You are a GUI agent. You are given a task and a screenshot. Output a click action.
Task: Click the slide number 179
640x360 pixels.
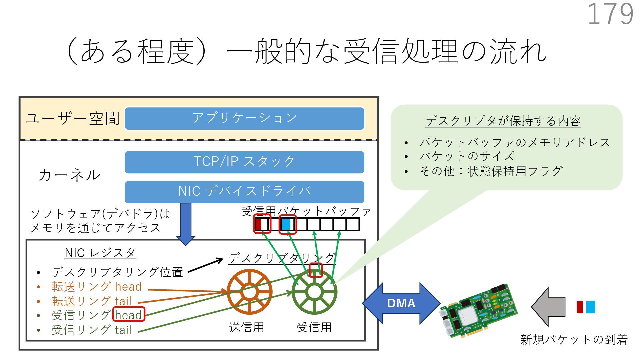(610, 14)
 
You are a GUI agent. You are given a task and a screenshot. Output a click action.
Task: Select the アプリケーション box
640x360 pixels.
(244, 118)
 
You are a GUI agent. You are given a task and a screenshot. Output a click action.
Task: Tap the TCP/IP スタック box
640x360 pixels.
(244, 162)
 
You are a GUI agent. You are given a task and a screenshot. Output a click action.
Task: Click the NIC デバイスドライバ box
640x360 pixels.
(244, 192)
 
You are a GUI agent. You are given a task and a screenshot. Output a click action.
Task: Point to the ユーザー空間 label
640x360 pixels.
(73, 118)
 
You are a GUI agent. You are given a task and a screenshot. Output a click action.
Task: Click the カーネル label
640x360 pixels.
(69, 175)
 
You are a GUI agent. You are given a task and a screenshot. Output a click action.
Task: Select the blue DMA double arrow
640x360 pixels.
(401, 303)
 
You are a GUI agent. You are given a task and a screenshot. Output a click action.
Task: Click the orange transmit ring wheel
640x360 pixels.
(249, 292)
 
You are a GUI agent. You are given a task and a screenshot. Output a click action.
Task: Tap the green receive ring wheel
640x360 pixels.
(314, 292)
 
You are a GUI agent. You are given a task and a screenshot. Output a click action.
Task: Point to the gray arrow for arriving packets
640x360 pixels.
(548, 307)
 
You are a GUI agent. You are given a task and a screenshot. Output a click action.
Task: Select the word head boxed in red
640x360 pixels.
(129, 314)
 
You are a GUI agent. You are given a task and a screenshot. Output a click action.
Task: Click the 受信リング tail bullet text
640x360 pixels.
(92, 330)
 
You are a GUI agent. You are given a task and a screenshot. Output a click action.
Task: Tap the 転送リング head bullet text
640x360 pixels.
(97, 286)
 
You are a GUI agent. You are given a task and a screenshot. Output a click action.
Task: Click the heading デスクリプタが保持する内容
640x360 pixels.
(503, 121)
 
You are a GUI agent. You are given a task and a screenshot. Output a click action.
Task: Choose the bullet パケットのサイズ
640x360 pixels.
(467, 156)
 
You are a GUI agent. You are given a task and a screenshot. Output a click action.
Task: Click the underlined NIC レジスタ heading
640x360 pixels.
(100, 253)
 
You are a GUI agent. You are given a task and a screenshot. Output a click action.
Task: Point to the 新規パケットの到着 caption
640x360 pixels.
(574, 340)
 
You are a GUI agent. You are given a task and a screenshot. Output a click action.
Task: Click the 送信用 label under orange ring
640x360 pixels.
(246, 327)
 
